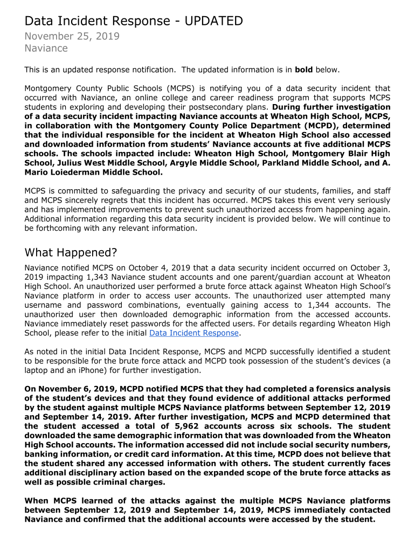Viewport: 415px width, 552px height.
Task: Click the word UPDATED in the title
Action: point(213,21)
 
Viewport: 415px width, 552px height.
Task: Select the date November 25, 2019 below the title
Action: point(72,37)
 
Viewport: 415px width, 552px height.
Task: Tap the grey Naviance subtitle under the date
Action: point(46,49)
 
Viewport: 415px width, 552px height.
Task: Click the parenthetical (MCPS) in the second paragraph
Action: point(184,88)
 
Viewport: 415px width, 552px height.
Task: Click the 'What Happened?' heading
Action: point(71,253)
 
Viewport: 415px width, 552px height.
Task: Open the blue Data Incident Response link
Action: point(193,333)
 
